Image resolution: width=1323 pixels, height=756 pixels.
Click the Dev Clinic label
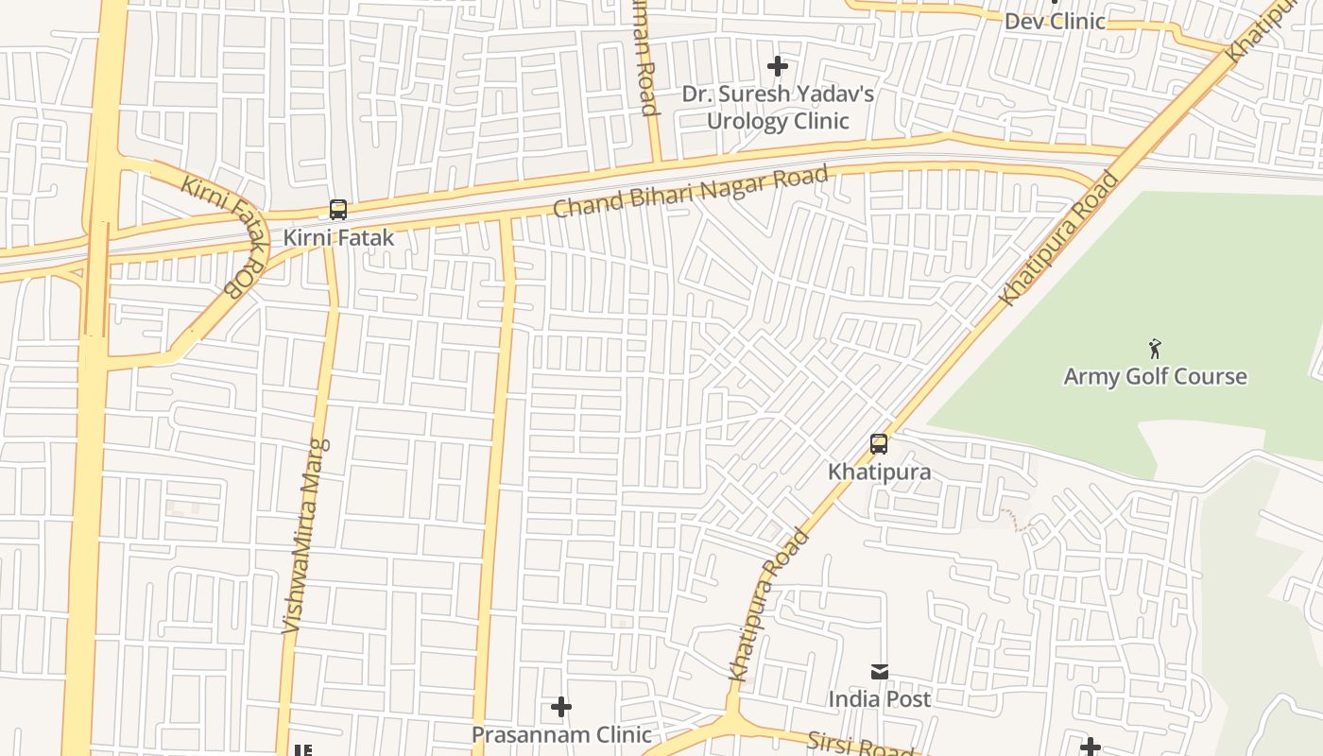pyautogui.click(x=1054, y=21)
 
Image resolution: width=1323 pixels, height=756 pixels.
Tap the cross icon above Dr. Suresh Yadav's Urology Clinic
pyautogui.click(x=777, y=66)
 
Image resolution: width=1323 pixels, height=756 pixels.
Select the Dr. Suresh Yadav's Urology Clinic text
pyautogui.click(x=778, y=108)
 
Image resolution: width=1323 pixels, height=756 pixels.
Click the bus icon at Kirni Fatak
pyautogui.click(x=337, y=210)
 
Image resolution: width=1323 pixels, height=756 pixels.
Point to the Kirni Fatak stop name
pyautogui.click(x=337, y=237)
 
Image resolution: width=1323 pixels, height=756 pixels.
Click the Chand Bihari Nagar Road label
pyautogui.click(x=690, y=191)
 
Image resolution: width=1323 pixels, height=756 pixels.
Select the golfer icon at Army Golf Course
pyautogui.click(x=1155, y=349)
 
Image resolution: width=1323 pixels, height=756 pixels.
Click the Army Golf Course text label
pyautogui.click(x=1155, y=376)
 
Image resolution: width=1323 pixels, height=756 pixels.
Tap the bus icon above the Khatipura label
pyautogui.click(x=879, y=444)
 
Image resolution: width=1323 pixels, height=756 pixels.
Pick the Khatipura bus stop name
pyautogui.click(x=879, y=472)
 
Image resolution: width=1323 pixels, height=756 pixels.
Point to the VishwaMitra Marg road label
pyautogui.click(x=305, y=535)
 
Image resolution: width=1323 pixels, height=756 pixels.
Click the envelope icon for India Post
pyautogui.click(x=880, y=672)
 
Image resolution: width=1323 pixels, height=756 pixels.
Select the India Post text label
pyautogui.click(x=880, y=699)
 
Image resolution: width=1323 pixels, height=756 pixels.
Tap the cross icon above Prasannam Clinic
pyautogui.click(x=561, y=707)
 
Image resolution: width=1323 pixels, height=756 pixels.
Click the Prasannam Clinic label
pyautogui.click(x=561, y=734)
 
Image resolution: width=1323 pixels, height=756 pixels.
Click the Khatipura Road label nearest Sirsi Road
pyautogui.click(x=769, y=605)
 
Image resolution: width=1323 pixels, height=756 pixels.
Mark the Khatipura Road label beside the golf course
pyautogui.click(x=1058, y=238)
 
